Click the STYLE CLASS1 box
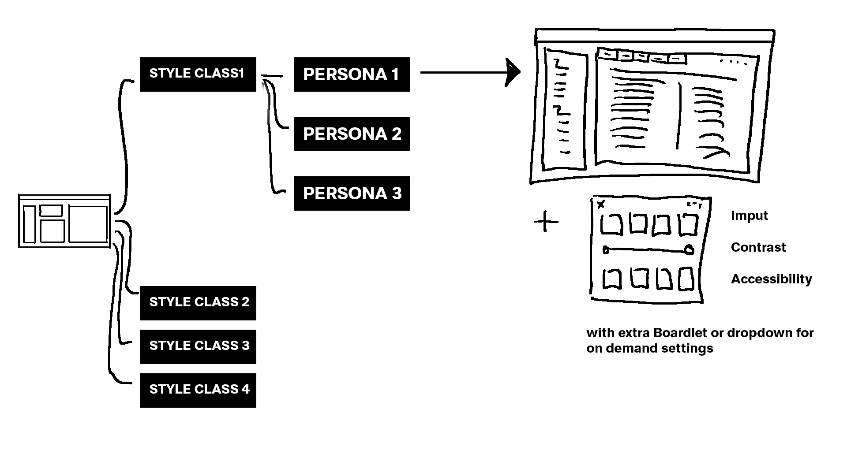(198, 74)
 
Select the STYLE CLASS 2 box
(198, 303)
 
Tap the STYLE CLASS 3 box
(198, 346)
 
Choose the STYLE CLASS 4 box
(198, 390)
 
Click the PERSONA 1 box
(352, 74)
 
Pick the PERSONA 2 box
(352, 134)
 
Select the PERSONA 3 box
(352, 193)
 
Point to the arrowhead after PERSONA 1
(513, 72)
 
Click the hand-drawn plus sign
(546, 221)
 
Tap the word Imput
(749, 216)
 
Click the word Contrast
(758, 247)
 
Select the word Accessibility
(771, 279)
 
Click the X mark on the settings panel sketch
(600, 204)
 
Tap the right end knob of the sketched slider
(689, 250)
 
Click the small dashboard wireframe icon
(64, 221)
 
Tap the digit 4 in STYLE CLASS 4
(245, 389)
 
